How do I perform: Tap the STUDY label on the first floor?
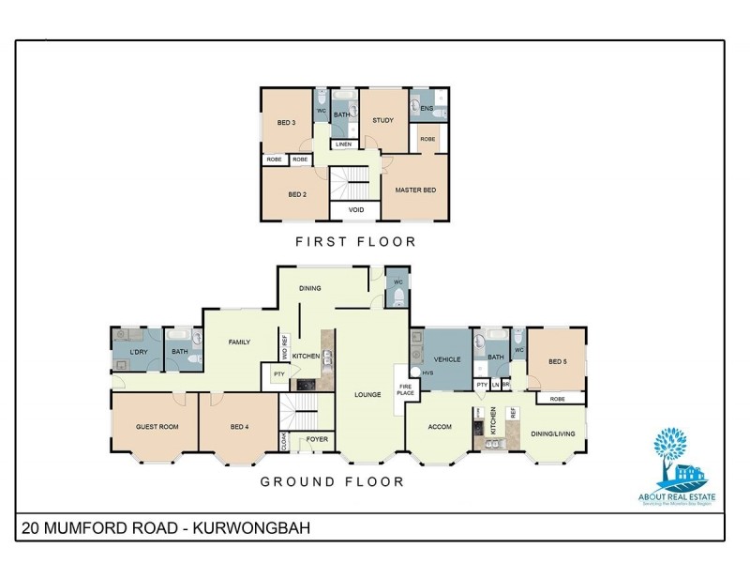[382, 120]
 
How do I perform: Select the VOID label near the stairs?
[356, 210]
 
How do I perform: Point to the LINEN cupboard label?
[343, 145]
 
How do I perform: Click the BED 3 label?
[286, 123]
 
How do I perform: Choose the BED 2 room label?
[297, 195]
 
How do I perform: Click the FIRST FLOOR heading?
[355, 242]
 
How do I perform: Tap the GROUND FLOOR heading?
[332, 481]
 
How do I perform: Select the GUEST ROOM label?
[157, 427]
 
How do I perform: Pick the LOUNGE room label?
[367, 395]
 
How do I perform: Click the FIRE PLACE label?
[406, 389]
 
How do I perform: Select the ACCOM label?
[440, 427]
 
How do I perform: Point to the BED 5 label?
[558, 362]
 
